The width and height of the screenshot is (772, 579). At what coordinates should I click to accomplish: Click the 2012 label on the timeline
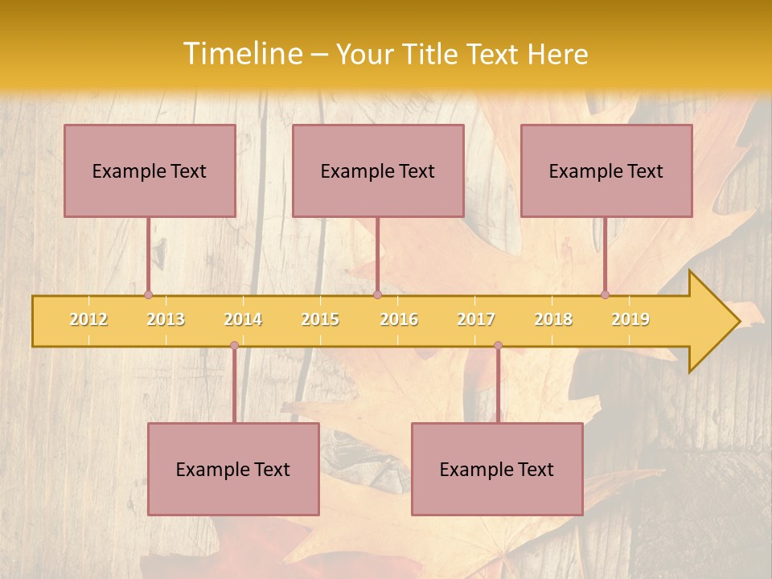point(88,319)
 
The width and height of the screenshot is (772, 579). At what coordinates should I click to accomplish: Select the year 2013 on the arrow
point(166,319)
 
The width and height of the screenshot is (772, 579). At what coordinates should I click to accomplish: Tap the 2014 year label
point(243,319)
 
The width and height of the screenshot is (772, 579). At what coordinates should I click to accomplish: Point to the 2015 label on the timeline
point(320,319)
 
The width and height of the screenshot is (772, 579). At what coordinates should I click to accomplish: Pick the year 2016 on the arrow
point(399,319)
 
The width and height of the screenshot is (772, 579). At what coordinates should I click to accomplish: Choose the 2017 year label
point(476,319)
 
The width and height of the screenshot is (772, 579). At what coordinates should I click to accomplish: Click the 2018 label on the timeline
point(553,319)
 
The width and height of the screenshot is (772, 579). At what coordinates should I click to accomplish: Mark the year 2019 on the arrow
point(630,319)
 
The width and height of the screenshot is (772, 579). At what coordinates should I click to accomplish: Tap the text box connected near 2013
point(150,170)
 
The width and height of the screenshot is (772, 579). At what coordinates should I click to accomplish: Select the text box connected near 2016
point(378,170)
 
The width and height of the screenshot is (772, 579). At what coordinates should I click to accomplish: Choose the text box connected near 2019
point(606,170)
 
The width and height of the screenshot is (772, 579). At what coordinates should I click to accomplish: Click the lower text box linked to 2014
point(233,469)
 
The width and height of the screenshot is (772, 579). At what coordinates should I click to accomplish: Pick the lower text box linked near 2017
point(497,469)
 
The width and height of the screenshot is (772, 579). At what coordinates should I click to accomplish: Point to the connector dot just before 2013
point(148,294)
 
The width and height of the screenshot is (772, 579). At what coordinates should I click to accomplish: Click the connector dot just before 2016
point(377,294)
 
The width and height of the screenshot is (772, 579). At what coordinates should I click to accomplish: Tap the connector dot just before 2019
point(605,294)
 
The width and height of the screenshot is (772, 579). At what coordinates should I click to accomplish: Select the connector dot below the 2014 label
point(234,346)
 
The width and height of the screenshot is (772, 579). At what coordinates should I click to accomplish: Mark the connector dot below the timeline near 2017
point(498,346)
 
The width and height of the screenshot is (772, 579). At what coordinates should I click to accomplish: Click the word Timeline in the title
point(242,54)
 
